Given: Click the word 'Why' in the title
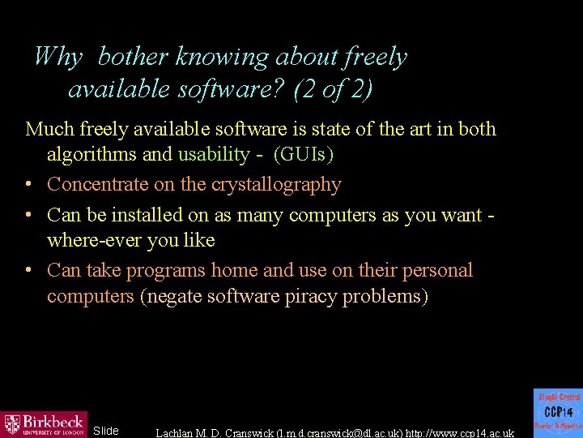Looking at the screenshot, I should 58,57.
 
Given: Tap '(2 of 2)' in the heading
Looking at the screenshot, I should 333,88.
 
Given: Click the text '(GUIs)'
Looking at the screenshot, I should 304,154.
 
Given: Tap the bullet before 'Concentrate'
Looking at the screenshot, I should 30,185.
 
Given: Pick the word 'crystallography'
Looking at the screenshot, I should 276,185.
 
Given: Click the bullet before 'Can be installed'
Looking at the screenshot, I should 30,215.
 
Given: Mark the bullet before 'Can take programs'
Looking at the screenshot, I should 30,270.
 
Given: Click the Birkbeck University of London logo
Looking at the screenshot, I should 44,424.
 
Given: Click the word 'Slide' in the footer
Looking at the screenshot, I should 106,431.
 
